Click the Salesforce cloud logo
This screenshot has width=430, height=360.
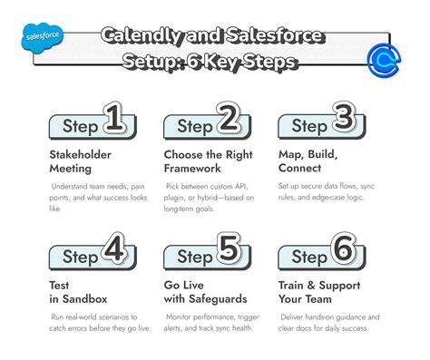click(x=43, y=37)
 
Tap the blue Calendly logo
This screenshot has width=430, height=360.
click(x=384, y=59)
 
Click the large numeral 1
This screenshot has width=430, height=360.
click(x=114, y=118)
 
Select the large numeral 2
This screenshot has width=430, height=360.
click(x=229, y=118)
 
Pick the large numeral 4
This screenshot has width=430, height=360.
click(x=113, y=248)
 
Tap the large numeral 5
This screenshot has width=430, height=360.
click(x=229, y=248)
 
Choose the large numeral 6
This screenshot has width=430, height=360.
click(x=343, y=248)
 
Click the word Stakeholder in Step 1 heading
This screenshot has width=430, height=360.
click(x=80, y=154)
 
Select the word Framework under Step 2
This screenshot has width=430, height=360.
click(x=192, y=168)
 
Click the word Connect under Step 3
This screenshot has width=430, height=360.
click(x=299, y=168)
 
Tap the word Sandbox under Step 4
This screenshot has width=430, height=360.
click(x=84, y=299)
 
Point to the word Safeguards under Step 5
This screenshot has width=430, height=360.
click(x=218, y=299)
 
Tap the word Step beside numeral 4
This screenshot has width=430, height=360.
click(x=80, y=257)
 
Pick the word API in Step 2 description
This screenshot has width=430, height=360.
click(x=241, y=186)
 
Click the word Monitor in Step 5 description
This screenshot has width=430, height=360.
click(x=179, y=317)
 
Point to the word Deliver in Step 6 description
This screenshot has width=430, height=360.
click(x=292, y=317)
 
